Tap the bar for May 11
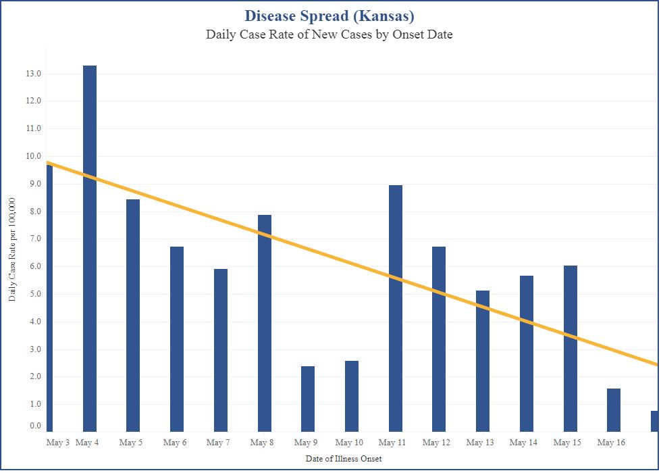click(396, 308)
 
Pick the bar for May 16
click(614, 410)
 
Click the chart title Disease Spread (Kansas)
click(329, 16)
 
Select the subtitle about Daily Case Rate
click(329, 34)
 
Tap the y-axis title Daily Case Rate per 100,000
click(13, 250)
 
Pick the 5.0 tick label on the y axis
click(34, 294)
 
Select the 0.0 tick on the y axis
click(34, 426)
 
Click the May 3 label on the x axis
click(57, 443)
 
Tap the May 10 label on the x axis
click(349, 443)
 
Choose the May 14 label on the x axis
click(523, 443)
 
